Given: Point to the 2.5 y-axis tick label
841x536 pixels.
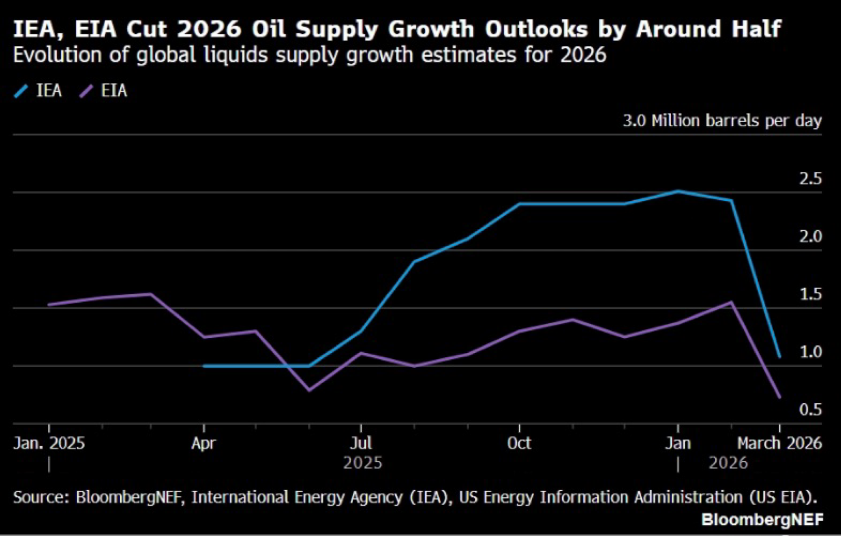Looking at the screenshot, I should tap(810, 179).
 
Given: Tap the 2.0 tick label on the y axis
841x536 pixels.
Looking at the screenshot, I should tap(810, 237).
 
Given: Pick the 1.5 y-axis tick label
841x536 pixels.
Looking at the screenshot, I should tap(810, 295).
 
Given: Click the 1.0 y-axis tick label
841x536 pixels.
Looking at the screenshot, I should tap(810, 352).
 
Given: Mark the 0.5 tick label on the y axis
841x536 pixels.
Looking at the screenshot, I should tap(810, 410).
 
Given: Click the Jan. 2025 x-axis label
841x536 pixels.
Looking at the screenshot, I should tap(49, 443).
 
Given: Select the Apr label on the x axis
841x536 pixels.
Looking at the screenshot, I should tap(203, 443).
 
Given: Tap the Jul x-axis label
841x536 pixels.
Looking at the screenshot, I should tap(361, 443).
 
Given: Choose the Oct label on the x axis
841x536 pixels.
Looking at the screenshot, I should tap(519, 443).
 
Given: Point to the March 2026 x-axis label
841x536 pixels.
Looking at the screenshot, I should tap(780, 443).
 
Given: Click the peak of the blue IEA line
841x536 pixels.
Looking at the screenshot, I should tap(678, 191).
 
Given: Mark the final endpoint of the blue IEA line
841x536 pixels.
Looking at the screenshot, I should tap(780, 357).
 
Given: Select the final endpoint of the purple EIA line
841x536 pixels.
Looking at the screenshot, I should tap(780, 397).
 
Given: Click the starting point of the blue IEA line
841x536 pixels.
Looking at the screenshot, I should tap(204, 366).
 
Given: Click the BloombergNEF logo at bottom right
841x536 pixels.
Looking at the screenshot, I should tap(762, 520).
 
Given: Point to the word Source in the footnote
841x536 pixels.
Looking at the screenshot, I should tap(40, 497).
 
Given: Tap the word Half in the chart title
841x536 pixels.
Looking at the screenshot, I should tap(756, 29).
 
